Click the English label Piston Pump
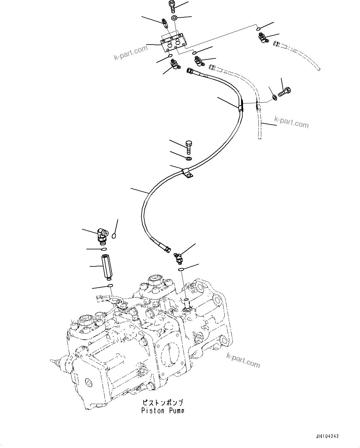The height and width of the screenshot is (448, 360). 163,411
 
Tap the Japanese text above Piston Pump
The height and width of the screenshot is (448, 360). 163,403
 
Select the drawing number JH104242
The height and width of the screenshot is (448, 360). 327,436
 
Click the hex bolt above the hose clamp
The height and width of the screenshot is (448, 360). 189,147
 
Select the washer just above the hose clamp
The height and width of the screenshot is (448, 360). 189,159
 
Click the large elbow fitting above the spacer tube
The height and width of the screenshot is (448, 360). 102,234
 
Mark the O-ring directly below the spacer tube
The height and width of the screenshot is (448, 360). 110,285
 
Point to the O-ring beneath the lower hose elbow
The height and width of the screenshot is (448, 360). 181,270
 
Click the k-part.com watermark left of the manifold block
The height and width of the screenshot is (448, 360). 131,53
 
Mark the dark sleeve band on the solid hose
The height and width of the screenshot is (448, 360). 241,107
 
